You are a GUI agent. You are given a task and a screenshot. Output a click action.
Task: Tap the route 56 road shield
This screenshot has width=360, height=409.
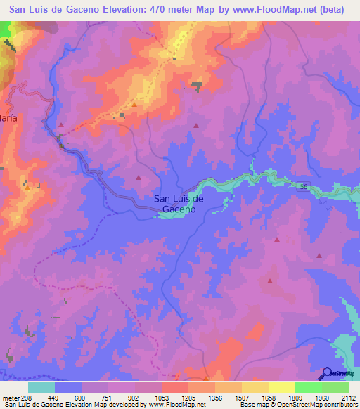click(x=303, y=186)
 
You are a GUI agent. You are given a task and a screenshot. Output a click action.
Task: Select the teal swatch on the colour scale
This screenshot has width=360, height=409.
click(x=41, y=387)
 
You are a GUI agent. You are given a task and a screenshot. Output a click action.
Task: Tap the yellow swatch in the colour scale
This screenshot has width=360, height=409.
click(x=281, y=387)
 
